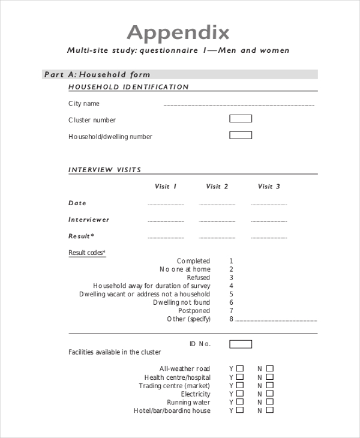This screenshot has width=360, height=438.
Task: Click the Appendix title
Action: (x=178, y=32)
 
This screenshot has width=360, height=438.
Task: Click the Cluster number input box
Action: (x=241, y=119)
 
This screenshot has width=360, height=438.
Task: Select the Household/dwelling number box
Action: (x=241, y=136)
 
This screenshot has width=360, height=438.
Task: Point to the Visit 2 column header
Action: (x=217, y=187)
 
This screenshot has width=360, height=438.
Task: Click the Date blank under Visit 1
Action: (x=166, y=205)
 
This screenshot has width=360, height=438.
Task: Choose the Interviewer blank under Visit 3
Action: (x=269, y=221)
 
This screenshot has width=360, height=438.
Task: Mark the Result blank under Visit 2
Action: (x=217, y=238)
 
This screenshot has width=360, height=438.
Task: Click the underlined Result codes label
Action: (x=87, y=253)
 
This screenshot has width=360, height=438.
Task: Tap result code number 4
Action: (x=231, y=286)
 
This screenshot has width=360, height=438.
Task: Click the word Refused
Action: (x=199, y=278)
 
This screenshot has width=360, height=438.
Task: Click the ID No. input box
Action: (x=241, y=344)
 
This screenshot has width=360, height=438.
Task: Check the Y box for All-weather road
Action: (x=240, y=368)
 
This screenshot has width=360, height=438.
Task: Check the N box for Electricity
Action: (x=269, y=394)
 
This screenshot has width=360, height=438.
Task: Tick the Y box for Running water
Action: (x=240, y=403)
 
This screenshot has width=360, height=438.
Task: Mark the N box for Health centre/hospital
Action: (x=269, y=377)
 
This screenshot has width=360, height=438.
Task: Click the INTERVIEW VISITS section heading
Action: (x=105, y=170)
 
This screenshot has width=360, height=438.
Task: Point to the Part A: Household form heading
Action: (x=97, y=74)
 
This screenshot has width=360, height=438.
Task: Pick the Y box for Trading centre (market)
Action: (x=240, y=386)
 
